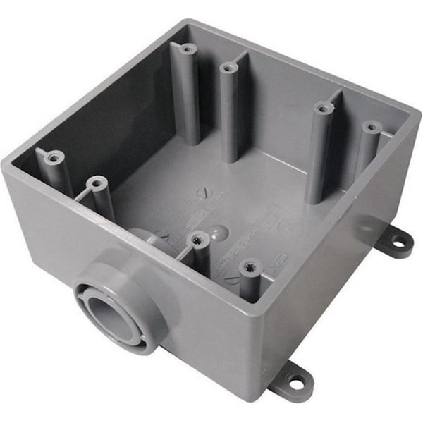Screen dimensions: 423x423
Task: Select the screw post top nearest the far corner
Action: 188,49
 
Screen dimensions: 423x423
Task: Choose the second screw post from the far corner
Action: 228,68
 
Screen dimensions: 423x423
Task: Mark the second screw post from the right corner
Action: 324,108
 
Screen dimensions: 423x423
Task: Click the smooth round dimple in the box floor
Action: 221,230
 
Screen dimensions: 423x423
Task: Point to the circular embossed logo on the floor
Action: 288,226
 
